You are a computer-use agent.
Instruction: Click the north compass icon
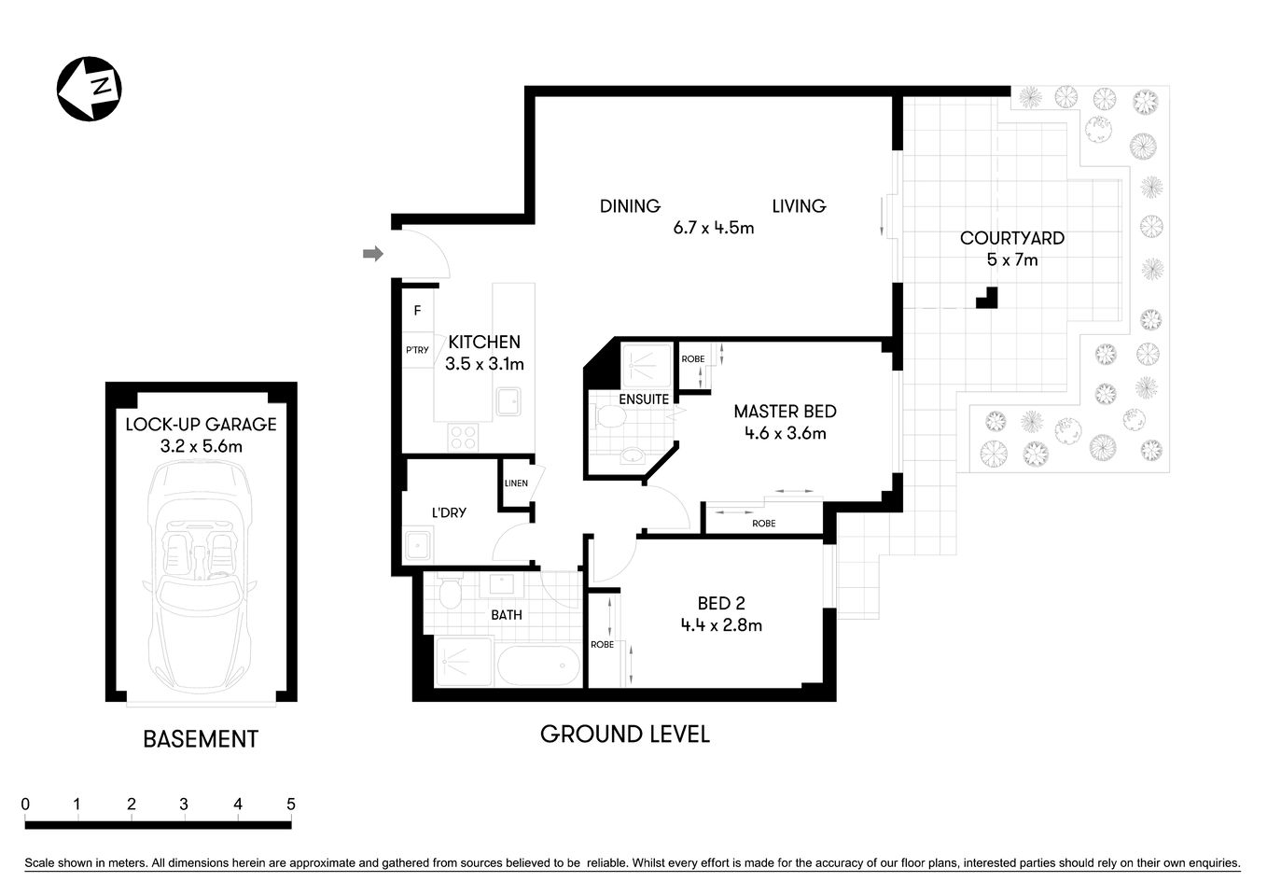pos(90,89)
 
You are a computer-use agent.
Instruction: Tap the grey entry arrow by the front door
pos(373,253)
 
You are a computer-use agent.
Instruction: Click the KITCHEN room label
pos(484,342)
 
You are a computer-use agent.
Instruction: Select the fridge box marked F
pos(417,311)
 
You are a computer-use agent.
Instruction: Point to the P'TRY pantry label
pos(417,350)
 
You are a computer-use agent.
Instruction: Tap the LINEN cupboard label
pos(516,483)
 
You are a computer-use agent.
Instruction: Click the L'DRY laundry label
pos(449,512)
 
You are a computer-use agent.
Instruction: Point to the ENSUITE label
pos(644,399)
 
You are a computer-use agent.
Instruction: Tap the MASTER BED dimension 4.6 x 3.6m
pos(785,433)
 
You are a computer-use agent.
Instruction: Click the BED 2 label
pos(721,603)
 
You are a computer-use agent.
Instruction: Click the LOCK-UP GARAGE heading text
pos(201,424)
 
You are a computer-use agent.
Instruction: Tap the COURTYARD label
pos(1012,238)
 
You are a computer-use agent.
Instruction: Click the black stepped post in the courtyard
pos(988,299)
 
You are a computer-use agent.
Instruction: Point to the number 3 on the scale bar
pos(184,804)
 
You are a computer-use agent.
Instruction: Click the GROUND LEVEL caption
pos(625,735)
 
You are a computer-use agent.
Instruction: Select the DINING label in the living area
pos(630,205)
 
